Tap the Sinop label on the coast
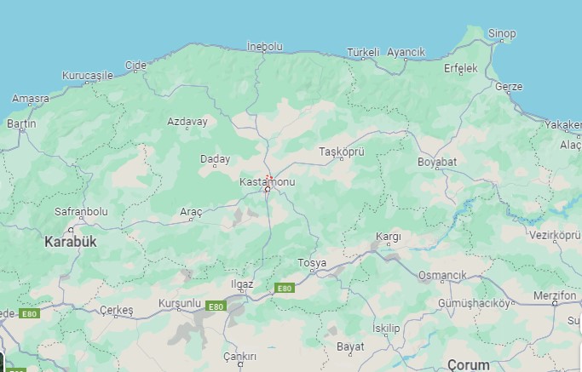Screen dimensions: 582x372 tap(502, 34)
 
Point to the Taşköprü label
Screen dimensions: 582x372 tap(341, 152)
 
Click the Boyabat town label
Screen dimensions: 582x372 tap(437, 162)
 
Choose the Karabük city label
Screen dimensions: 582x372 tap(71, 242)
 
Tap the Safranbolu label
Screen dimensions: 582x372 tap(81, 210)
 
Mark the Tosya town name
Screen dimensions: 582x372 tap(312, 263)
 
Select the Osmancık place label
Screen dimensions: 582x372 tap(442, 276)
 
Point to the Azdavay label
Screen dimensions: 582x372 tap(187, 122)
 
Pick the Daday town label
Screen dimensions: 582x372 tap(215, 159)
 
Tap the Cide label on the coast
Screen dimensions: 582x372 tap(135, 65)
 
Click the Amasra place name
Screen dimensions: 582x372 tap(31, 99)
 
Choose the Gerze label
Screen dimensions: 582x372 tap(509, 87)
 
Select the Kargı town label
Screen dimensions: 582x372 tap(388, 236)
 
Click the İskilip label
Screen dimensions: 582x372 tap(386, 328)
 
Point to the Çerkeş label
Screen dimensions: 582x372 tap(117, 311)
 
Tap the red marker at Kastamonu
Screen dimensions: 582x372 tap(268, 179)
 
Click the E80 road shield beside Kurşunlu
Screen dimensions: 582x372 tap(216, 306)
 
